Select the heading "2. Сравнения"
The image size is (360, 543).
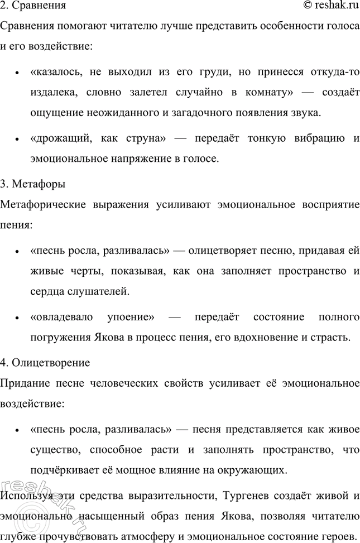pos(33,7)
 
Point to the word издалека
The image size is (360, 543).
pos(56,93)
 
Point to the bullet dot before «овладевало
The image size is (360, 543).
pos(19,318)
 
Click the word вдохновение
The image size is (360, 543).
pos(276,337)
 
